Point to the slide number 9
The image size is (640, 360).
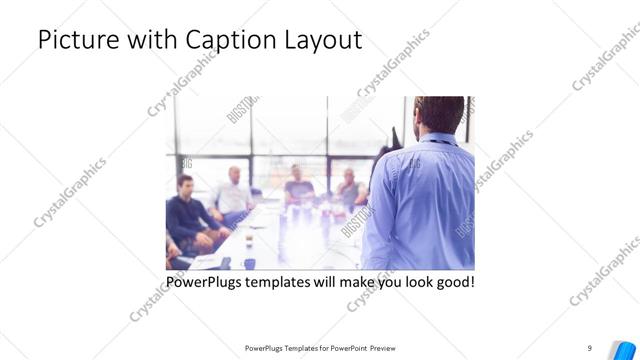click(590, 347)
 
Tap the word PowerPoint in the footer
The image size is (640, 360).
click(346, 348)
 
